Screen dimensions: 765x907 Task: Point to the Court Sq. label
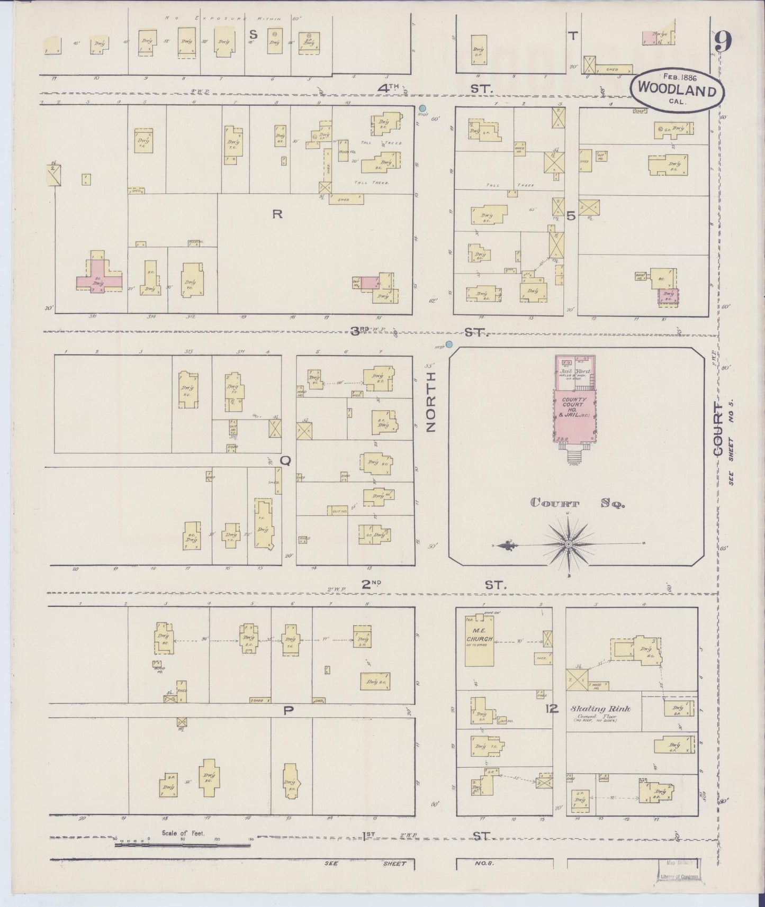(578, 504)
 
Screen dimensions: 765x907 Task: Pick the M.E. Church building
(479, 640)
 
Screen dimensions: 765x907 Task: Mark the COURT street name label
(717, 429)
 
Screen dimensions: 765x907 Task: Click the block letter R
(276, 214)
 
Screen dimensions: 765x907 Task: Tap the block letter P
(288, 710)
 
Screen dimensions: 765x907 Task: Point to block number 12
(552, 709)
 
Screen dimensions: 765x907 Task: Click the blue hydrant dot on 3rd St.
(449, 344)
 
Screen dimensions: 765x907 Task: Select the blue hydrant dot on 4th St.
(422, 108)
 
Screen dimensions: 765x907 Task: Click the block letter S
(254, 34)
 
